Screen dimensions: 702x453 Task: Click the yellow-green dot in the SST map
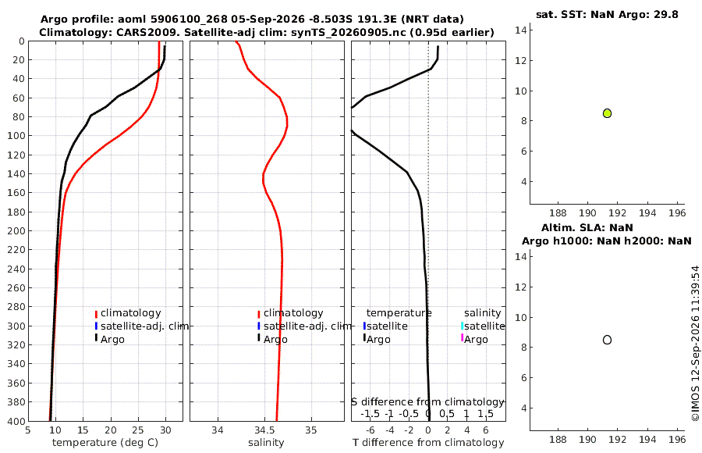tap(607, 113)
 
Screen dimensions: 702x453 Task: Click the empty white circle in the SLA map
tap(607, 340)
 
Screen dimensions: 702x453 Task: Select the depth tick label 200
tap(16, 230)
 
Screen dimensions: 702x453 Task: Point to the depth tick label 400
tap(16, 421)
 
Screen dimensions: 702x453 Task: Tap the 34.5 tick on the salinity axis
tap(264, 430)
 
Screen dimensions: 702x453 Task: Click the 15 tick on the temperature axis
tap(83, 430)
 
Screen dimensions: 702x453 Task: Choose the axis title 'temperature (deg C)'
tap(105, 443)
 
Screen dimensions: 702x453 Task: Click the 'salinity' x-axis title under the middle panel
tap(266, 443)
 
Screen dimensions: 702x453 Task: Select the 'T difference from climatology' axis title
tap(428, 443)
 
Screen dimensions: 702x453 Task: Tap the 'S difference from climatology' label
tap(428, 401)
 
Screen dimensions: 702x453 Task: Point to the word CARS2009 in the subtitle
tap(153, 32)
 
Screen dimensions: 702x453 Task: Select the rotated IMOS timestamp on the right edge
tap(695, 344)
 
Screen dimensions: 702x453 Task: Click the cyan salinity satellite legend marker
tap(462, 326)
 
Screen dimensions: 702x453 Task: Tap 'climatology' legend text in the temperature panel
tap(130, 313)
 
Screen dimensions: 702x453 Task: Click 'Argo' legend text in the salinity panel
tap(275, 340)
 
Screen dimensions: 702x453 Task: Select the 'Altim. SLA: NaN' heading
tap(587, 227)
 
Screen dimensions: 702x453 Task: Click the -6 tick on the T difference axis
tap(370, 430)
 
